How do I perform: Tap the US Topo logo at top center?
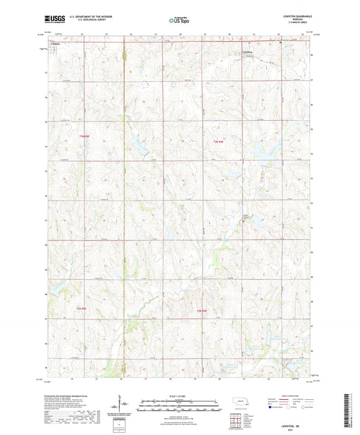179,20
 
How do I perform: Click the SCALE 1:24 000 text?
180,396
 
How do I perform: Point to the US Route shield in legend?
289,408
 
